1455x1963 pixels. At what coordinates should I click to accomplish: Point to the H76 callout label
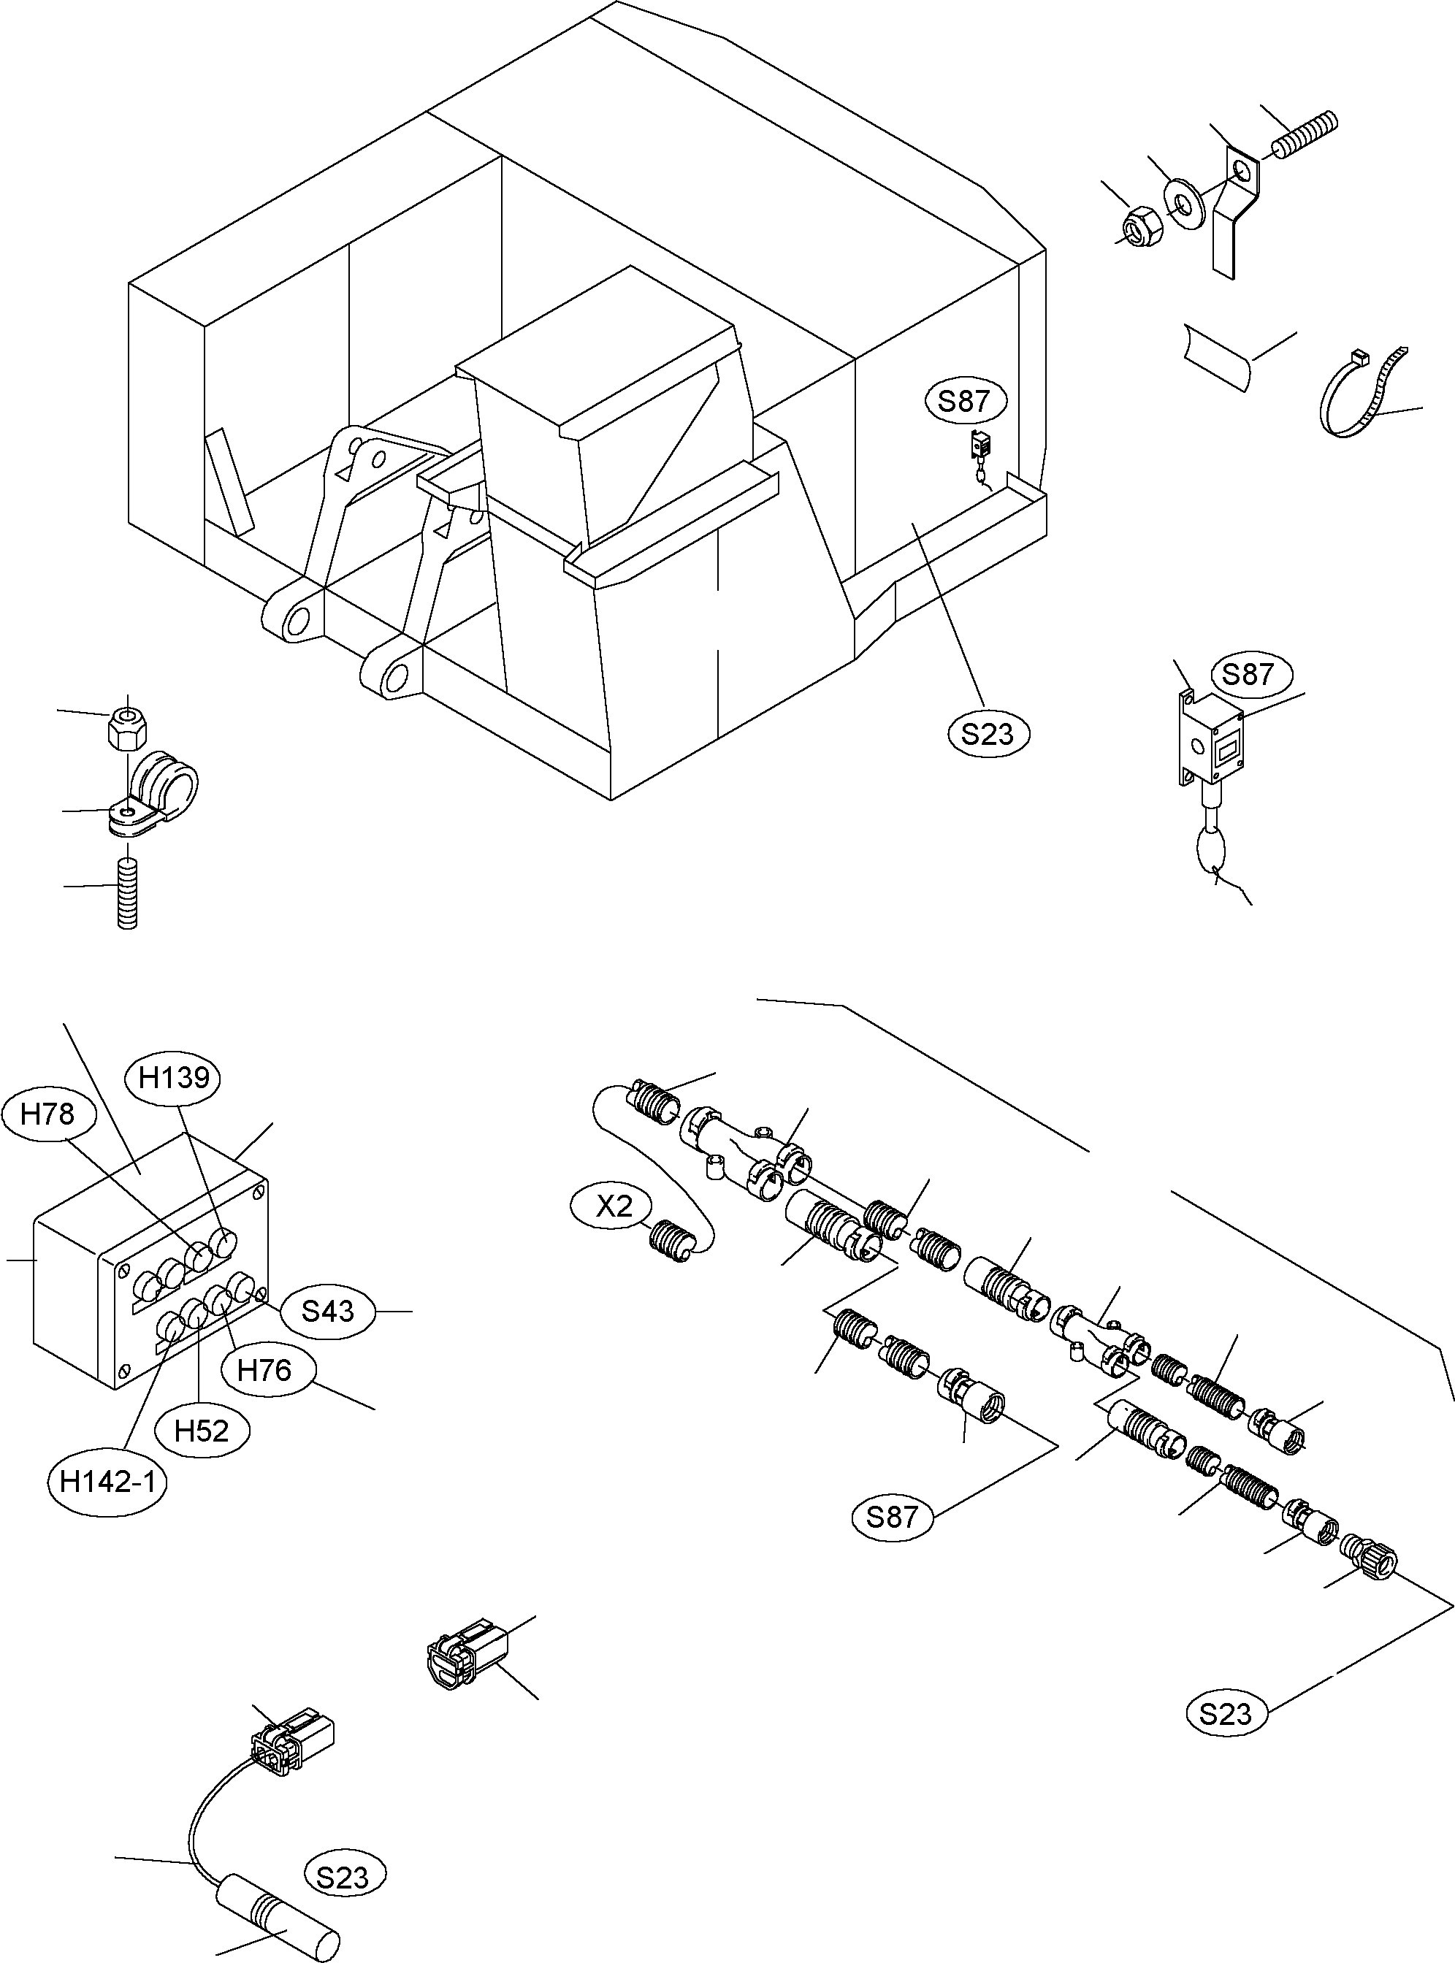pyautogui.click(x=264, y=1370)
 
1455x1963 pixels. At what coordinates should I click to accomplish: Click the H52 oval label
pyautogui.click(x=202, y=1431)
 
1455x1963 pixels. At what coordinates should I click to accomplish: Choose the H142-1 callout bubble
pyautogui.click(x=107, y=1483)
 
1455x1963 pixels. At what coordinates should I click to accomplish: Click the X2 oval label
pyautogui.click(x=614, y=1206)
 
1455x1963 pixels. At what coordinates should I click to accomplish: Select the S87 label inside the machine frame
pyautogui.click(x=963, y=402)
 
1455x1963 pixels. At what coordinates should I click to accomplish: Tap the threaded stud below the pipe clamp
pyautogui.click(x=128, y=894)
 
